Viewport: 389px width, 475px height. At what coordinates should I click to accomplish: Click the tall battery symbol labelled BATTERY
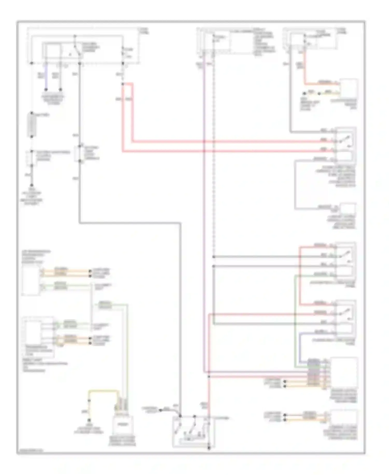(32, 125)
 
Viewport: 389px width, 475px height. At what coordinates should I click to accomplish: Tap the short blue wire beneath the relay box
(46, 77)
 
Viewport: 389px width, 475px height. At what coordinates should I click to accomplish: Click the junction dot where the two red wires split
(123, 84)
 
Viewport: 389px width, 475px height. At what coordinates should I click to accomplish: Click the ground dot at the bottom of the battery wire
(32, 185)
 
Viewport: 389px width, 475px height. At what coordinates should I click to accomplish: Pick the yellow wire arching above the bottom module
(104, 391)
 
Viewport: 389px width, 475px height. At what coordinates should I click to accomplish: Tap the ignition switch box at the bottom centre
(193, 432)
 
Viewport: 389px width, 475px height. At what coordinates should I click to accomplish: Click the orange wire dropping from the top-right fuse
(305, 70)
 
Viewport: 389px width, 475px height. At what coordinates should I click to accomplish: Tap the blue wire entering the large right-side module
(300, 348)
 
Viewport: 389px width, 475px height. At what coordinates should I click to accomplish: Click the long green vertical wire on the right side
(295, 320)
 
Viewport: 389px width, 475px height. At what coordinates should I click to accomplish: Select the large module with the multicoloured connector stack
(344, 372)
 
